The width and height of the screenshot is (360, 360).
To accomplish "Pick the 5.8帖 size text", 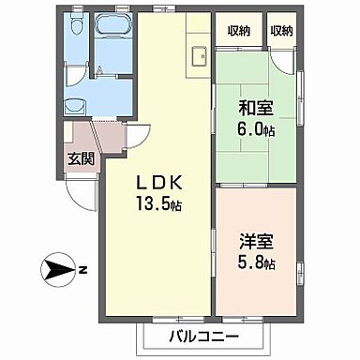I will point(253,265).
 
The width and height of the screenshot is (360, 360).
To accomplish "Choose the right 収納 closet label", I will point(280,31).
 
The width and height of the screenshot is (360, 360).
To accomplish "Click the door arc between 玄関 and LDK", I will point(134,136).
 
